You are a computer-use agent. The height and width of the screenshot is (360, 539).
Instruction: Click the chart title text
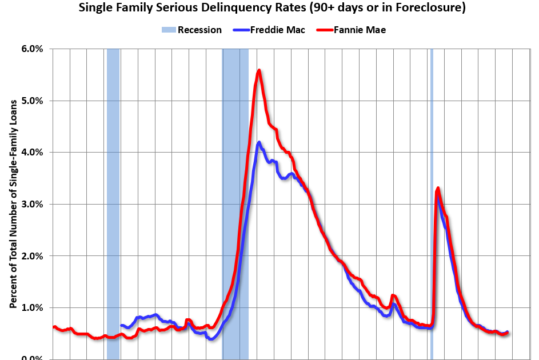[270, 8]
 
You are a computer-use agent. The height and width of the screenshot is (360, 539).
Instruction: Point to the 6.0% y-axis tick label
[32, 49]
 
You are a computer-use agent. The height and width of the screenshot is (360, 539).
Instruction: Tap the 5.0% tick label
[32, 101]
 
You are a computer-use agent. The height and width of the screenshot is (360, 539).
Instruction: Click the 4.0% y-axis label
[32, 153]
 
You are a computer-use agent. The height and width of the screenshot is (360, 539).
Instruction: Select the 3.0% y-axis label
[32, 204]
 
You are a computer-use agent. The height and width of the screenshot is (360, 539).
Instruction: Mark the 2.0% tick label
[32, 256]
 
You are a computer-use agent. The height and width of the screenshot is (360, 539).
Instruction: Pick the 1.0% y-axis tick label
[32, 307]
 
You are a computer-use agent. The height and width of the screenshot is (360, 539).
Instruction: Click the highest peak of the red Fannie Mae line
[259, 70]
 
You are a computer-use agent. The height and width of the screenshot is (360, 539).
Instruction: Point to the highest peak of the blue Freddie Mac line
[259, 142]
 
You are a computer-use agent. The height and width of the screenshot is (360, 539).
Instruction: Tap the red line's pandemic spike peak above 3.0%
[438, 188]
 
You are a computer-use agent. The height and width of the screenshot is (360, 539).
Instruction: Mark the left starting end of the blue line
[121, 325]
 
